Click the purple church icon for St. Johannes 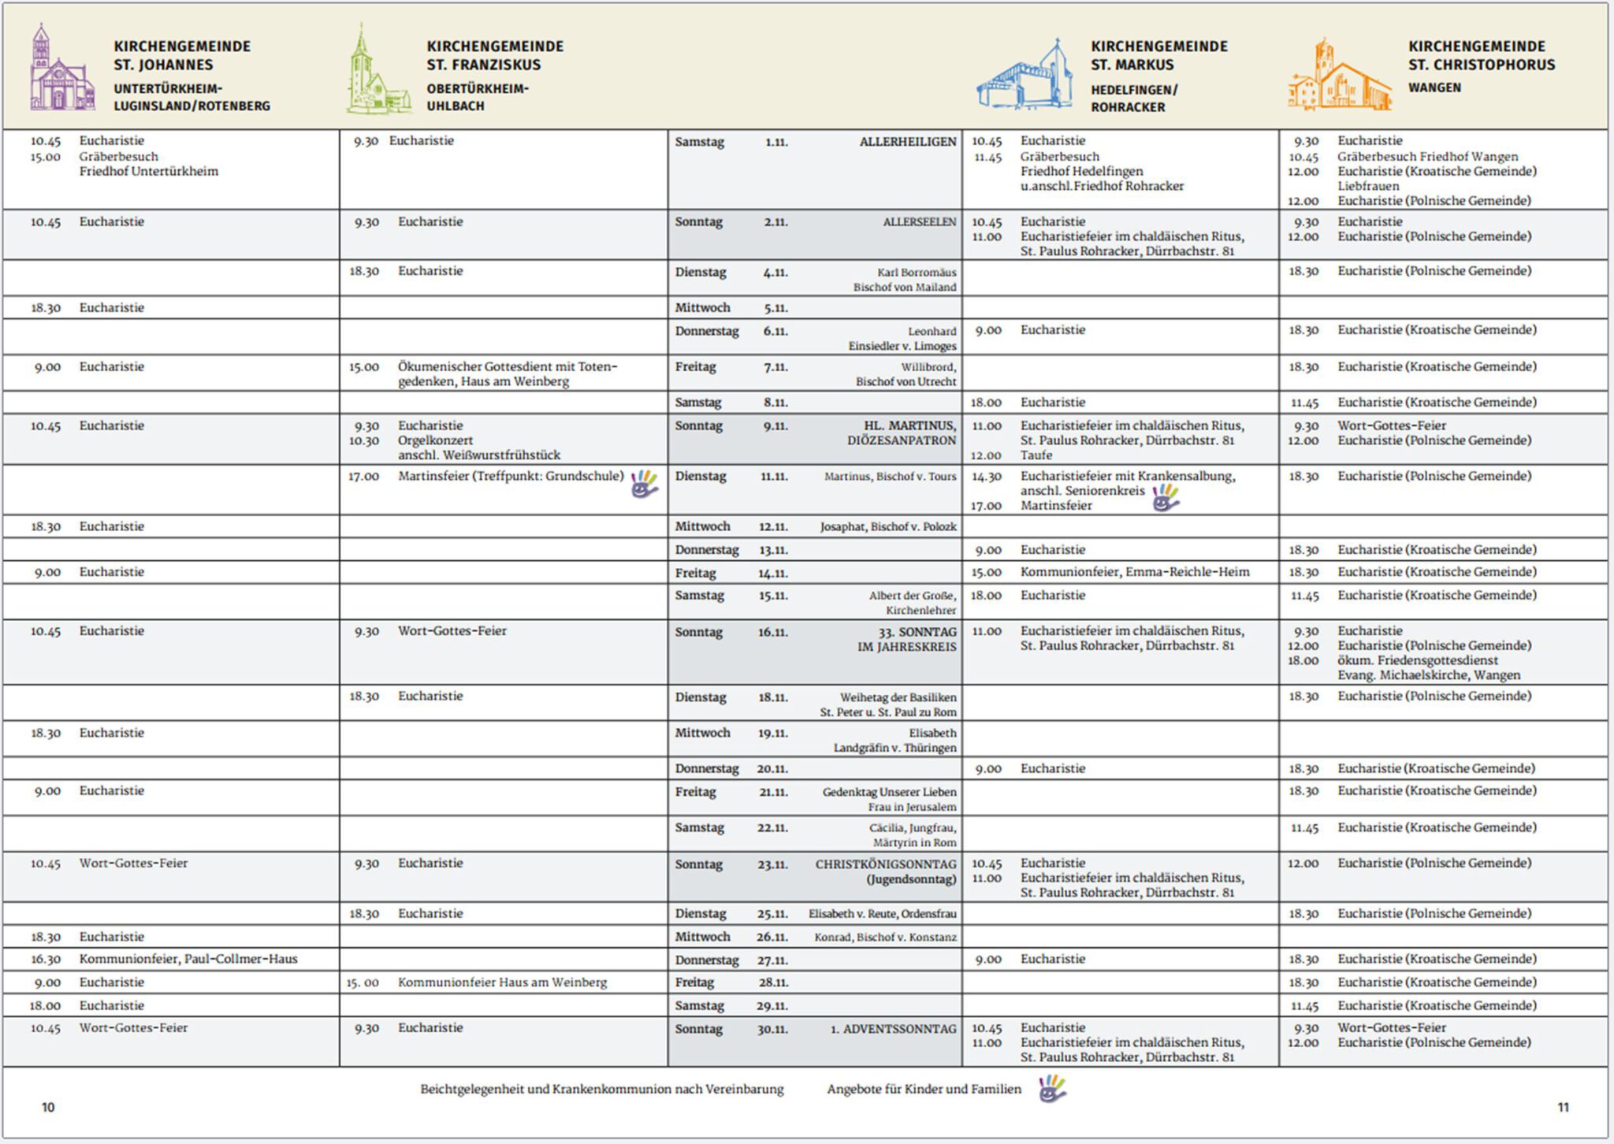[x=61, y=69]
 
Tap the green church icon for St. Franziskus [x=377, y=71]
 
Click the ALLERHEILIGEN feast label [x=907, y=143]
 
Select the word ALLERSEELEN [x=919, y=223]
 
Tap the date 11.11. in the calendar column [x=774, y=477]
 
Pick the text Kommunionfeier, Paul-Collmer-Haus [x=188, y=960]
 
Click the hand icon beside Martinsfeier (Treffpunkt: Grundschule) [x=644, y=484]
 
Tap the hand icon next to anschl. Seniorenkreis [x=1165, y=497]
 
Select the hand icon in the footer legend [x=1051, y=1089]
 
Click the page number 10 [x=48, y=1108]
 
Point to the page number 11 [x=1563, y=1108]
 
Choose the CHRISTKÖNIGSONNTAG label [x=885, y=864]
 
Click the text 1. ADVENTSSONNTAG [x=893, y=1029]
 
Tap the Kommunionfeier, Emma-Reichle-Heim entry [x=1134, y=572]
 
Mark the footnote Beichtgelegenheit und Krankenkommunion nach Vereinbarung [x=601, y=1090]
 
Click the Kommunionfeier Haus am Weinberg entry [x=502, y=982]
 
